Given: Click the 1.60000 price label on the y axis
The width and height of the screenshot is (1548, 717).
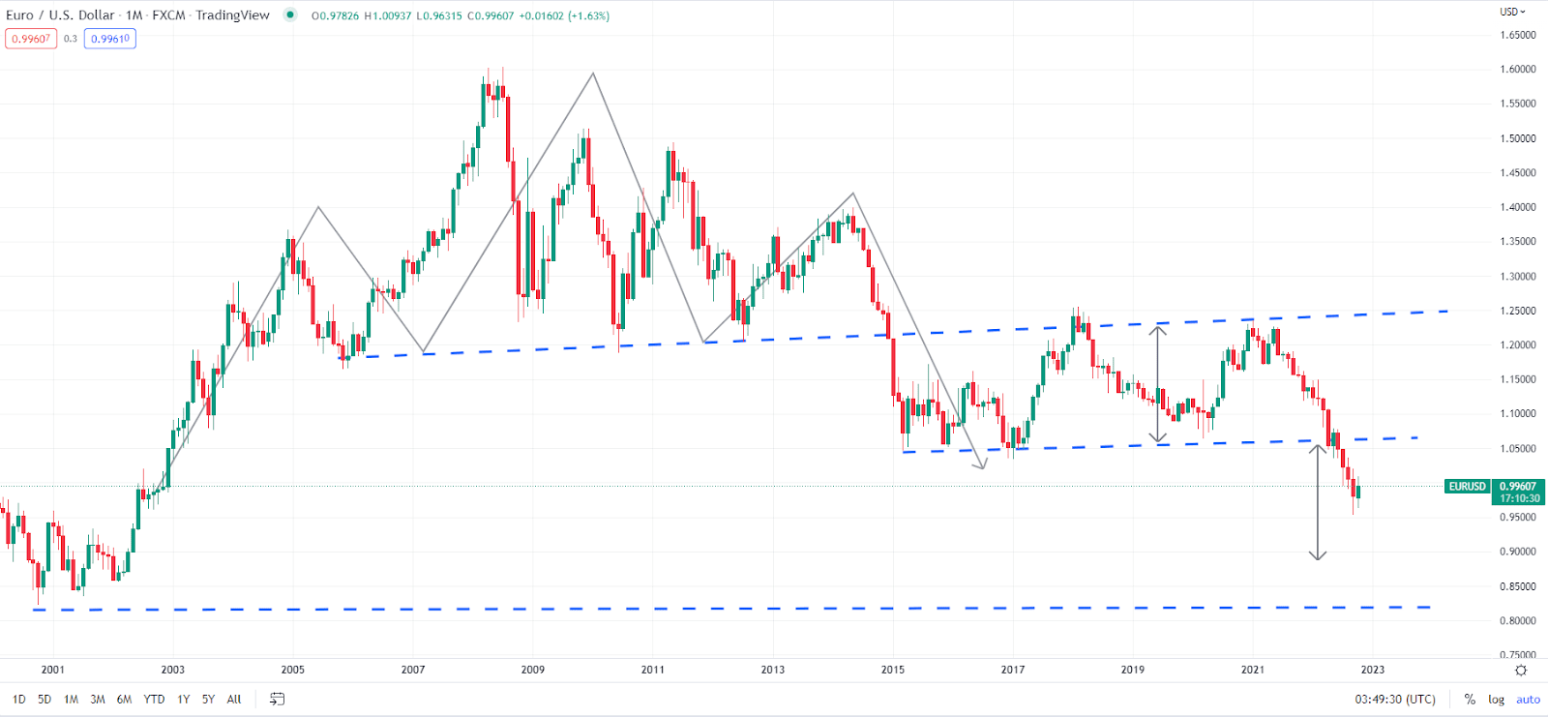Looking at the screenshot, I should pos(1517,70).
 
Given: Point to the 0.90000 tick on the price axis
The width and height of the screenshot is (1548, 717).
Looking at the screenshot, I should pos(1517,552).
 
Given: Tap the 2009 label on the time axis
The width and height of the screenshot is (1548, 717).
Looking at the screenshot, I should pos(533,670).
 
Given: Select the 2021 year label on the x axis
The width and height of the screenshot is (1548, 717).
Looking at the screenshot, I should pos(1253,670).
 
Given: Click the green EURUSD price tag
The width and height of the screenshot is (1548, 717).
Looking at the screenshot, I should pos(1467,487).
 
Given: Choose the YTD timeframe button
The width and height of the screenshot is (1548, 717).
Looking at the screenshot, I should pos(154,700).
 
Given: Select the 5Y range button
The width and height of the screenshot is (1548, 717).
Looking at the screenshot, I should pos(208,700).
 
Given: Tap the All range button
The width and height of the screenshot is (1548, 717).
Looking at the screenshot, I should pos(234,700).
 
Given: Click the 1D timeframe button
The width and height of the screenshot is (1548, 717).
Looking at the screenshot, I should pos(19,700).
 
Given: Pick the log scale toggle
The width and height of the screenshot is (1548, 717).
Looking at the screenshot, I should pos(1496,700).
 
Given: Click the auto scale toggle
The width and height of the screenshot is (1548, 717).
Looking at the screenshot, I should pos(1528,700).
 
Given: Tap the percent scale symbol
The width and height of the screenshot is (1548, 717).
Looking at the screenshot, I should pos(1470,700).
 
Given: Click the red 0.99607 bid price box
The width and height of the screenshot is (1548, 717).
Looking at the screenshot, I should pos(31,39).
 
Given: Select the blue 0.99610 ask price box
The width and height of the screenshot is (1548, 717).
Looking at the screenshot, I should pos(110,39).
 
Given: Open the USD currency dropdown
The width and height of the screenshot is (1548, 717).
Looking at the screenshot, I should pos(1512,12).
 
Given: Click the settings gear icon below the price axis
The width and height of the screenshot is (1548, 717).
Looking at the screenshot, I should pos(1521,671).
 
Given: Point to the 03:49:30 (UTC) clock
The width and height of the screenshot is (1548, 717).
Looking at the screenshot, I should pos(1395,700).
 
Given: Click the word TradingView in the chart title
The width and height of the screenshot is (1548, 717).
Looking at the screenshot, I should pos(232,15).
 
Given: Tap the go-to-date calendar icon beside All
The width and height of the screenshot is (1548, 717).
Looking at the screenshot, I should pos(277,700).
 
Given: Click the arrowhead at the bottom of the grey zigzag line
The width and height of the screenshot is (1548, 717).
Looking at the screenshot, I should pos(983,466).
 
